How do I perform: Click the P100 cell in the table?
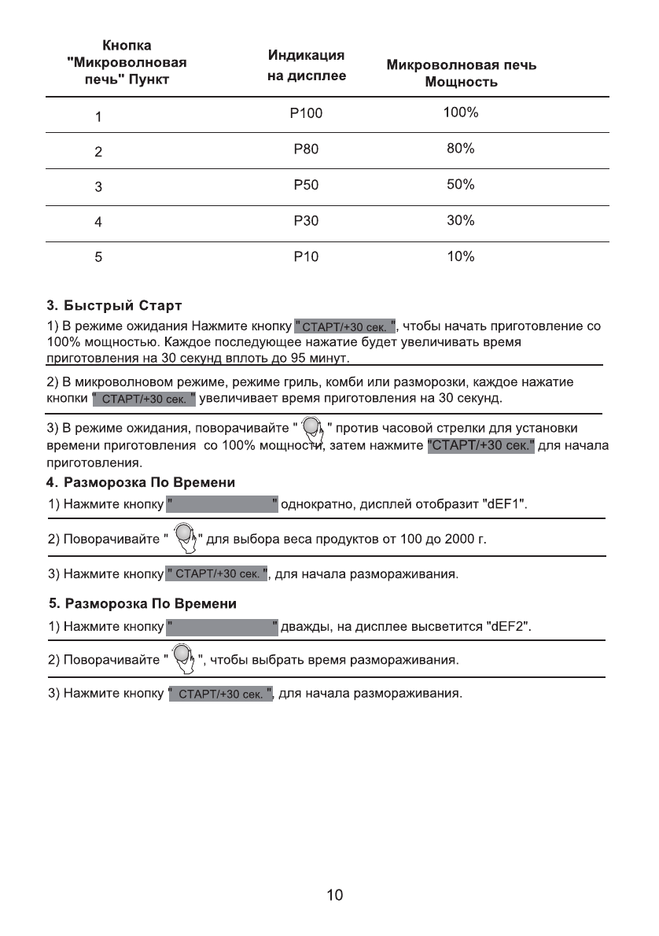pyautogui.click(x=306, y=114)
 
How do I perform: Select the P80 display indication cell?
pyautogui.click(x=306, y=149)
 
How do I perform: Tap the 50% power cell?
pyautogui.click(x=460, y=185)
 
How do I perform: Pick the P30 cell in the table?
pyautogui.click(x=306, y=221)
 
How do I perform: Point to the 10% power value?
pyautogui.click(x=460, y=256)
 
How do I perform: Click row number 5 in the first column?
pyautogui.click(x=98, y=258)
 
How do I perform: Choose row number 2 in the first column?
pyautogui.click(x=98, y=153)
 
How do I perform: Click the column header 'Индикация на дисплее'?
pyautogui.click(x=307, y=66)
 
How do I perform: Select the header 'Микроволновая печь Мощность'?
pyautogui.click(x=462, y=74)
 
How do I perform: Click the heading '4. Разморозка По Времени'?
pyautogui.click(x=142, y=481)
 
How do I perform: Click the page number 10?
pyautogui.click(x=334, y=895)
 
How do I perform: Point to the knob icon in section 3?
pyautogui.click(x=312, y=428)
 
